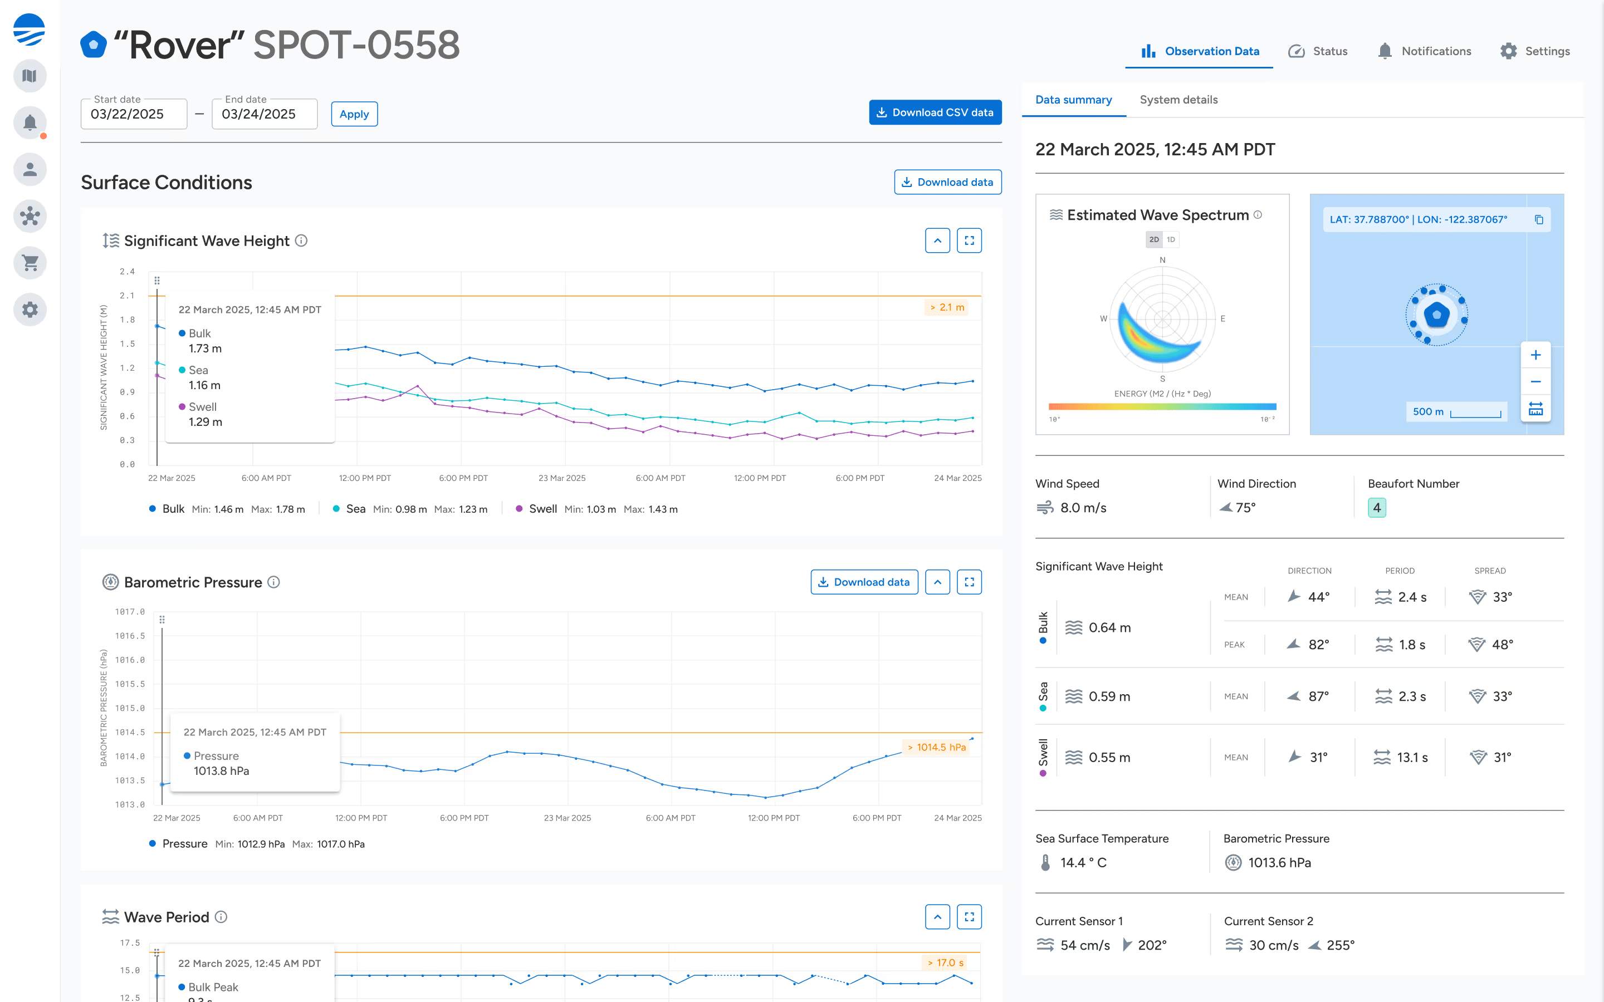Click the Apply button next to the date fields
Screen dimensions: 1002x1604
point(354,114)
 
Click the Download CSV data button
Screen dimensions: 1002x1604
point(935,112)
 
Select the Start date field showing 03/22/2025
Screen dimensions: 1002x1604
point(133,114)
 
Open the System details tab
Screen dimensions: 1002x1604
point(1178,100)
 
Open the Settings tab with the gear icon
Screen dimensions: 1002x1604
point(1534,51)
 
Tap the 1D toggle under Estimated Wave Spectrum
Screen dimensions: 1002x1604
point(1171,239)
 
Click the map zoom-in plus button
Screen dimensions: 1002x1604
point(1535,355)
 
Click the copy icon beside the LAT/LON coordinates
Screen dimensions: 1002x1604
point(1539,219)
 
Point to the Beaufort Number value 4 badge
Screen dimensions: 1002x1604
point(1377,508)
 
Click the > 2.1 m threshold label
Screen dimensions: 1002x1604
point(946,307)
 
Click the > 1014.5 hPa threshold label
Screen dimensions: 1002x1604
point(936,748)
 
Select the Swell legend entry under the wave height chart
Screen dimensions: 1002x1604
point(542,509)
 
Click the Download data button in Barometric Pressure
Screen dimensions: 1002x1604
point(864,582)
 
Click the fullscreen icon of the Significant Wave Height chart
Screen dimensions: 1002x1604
point(969,240)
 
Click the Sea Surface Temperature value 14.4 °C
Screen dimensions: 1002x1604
point(1083,862)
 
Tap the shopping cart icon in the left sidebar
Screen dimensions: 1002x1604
point(30,263)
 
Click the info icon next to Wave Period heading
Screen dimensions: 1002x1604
point(221,917)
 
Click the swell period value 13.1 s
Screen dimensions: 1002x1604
point(1412,758)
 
